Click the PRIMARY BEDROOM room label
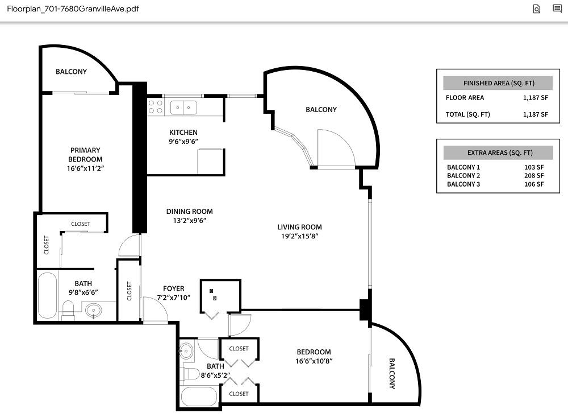(x=85, y=155)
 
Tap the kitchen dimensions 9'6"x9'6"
(x=183, y=142)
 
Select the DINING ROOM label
(x=189, y=212)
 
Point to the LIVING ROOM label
(x=299, y=227)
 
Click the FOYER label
(x=173, y=288)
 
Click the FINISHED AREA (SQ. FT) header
(x=498, y=83)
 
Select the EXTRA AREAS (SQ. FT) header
(x=498, y=153)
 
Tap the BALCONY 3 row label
(x=463, y=184)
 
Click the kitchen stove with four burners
(x=156, y=107)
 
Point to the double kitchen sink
(x=183, y=107)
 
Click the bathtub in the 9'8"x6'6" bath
(x=47, y=295)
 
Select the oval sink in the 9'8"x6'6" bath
(x=93, y=311)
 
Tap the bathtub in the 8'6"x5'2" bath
(x=198, y=396)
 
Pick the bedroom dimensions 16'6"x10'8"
(x=313, y=361)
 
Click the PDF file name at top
(x=73, y=9)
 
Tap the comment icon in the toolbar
(x=557, y=9)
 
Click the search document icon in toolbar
(x=536, y=9)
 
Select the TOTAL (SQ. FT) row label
(x=467, y=114)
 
